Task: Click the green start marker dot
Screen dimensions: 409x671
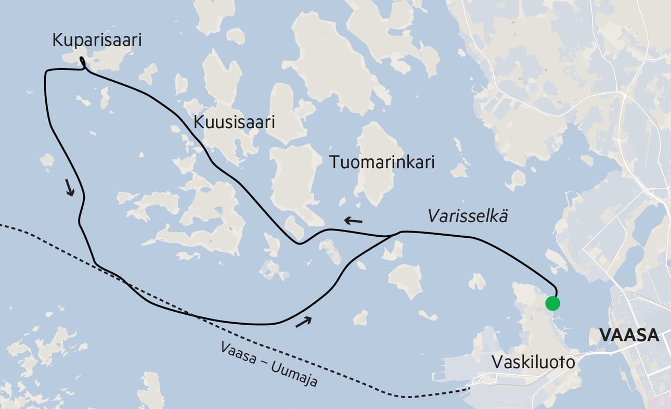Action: point(552,303)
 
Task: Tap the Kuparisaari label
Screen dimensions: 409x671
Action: point(97,41)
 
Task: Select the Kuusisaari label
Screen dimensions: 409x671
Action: point(234,122)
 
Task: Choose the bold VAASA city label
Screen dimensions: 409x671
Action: point(629,336)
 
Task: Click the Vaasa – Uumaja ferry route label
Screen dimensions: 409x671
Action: point(268,364)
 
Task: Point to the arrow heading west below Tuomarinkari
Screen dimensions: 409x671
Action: point(354,221)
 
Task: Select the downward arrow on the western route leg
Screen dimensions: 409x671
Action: point(70,187)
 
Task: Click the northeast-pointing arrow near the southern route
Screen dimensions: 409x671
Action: point(304,322)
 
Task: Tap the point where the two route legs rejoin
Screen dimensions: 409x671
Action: point(398,233)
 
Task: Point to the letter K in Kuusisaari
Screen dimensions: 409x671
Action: point(198,122)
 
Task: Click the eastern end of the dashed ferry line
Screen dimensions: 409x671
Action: point(468,388)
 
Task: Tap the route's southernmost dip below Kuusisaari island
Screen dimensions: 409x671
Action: point(298,243)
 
